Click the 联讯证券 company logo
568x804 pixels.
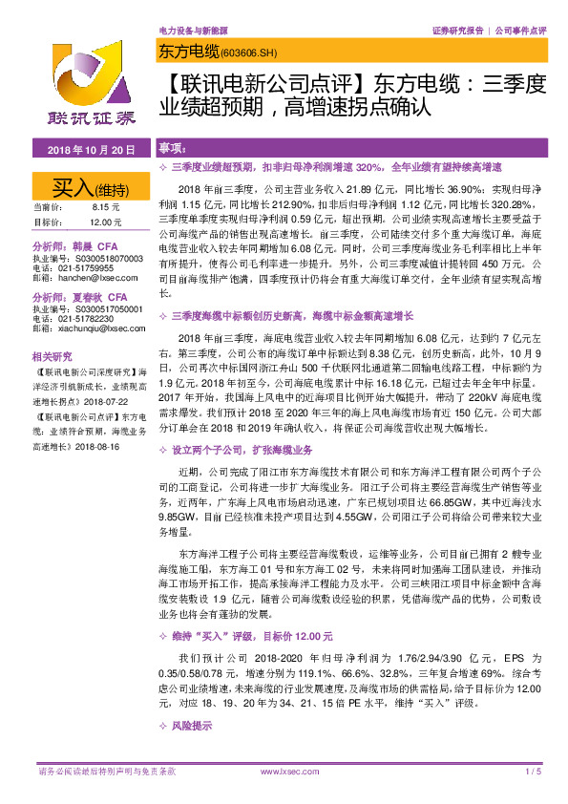pos(79,95)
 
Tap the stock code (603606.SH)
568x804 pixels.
pos(235,53)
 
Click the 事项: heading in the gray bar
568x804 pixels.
pos(173,150)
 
